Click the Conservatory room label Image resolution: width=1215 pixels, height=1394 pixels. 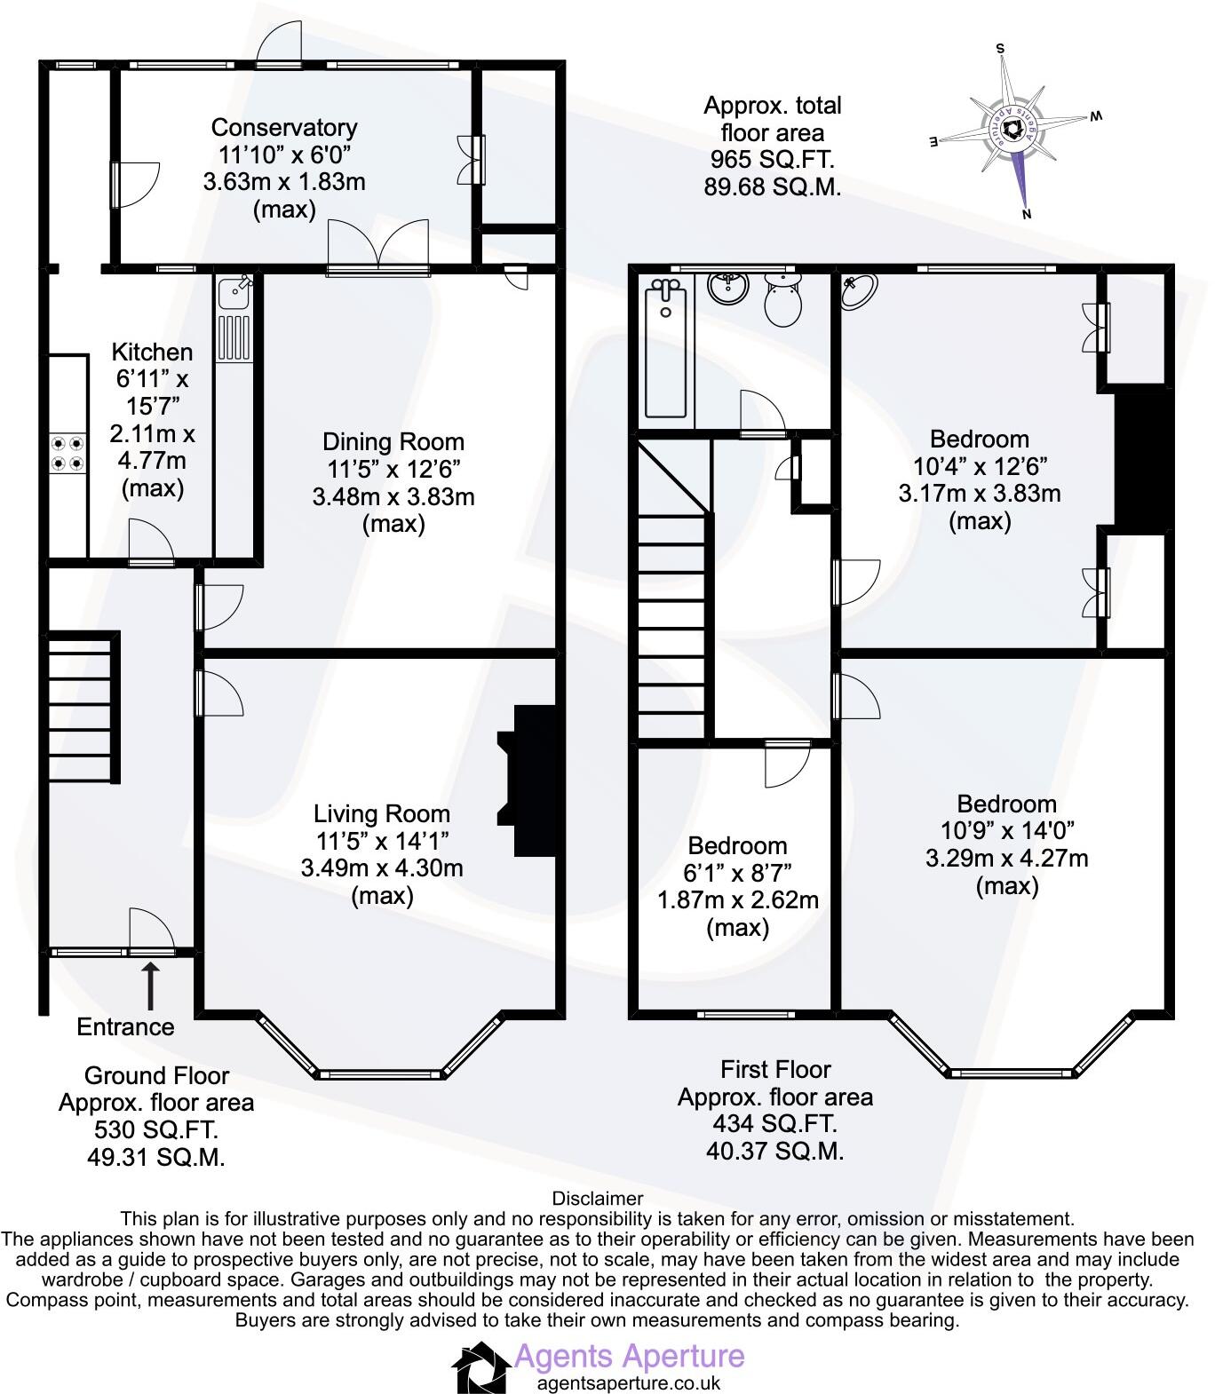click(284, 128)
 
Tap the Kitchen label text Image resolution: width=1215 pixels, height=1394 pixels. click(153, 352)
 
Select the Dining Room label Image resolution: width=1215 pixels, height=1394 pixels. click(393, 441)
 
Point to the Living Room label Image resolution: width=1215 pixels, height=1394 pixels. click(382, 813)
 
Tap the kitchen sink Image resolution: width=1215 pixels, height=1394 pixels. click(235, 290)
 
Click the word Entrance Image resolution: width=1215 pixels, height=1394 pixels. click(125, 1027)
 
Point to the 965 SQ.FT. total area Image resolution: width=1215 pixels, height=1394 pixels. click(771, 161)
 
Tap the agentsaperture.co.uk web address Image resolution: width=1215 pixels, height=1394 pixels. click(629, 1382)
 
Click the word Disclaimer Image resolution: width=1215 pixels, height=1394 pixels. click(597, 1200)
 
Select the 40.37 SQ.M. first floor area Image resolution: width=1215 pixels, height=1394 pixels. click(774, 1151)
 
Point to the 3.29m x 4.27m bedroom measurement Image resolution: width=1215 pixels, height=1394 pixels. click(1006, 859)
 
